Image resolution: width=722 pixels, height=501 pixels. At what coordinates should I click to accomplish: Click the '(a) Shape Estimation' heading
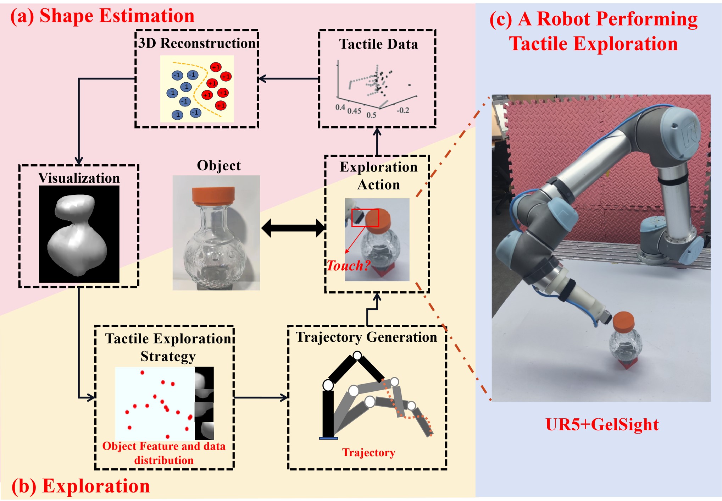point(102,16)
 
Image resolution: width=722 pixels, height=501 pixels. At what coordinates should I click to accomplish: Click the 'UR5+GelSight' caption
point(601,424)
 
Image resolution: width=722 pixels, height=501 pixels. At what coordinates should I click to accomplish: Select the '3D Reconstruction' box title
point(197,43)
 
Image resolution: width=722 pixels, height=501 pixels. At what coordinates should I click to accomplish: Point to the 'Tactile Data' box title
point(378,44)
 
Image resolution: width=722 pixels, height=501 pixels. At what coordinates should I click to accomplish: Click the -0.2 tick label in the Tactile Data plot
point(403,110)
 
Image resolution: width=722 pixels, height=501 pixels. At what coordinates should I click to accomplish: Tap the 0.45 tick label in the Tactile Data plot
point(354,111)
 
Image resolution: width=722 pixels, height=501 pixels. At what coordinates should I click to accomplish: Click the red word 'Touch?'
point(348,265)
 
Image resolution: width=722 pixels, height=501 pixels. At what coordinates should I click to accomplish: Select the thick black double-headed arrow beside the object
point(293,228)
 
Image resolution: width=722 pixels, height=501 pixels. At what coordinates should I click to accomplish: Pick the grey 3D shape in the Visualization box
point(77,234)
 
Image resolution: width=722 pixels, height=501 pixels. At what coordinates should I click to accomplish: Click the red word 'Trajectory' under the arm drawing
point(368,452)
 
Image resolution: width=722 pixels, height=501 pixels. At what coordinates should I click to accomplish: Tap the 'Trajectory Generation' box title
point(366,337)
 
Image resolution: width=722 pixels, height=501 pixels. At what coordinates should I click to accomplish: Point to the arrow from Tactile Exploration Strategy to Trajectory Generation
point(261,397)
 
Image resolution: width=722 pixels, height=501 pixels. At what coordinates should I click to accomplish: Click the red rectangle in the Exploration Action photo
point(365,218)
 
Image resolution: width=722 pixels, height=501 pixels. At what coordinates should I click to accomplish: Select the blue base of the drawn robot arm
point(328,438)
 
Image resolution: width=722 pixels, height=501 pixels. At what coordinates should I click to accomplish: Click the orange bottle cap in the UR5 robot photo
point(623,320)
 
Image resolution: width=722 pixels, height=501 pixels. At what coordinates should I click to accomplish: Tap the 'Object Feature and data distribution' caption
point(164,453)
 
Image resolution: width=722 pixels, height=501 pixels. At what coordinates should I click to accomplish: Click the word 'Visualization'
point(79,178)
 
